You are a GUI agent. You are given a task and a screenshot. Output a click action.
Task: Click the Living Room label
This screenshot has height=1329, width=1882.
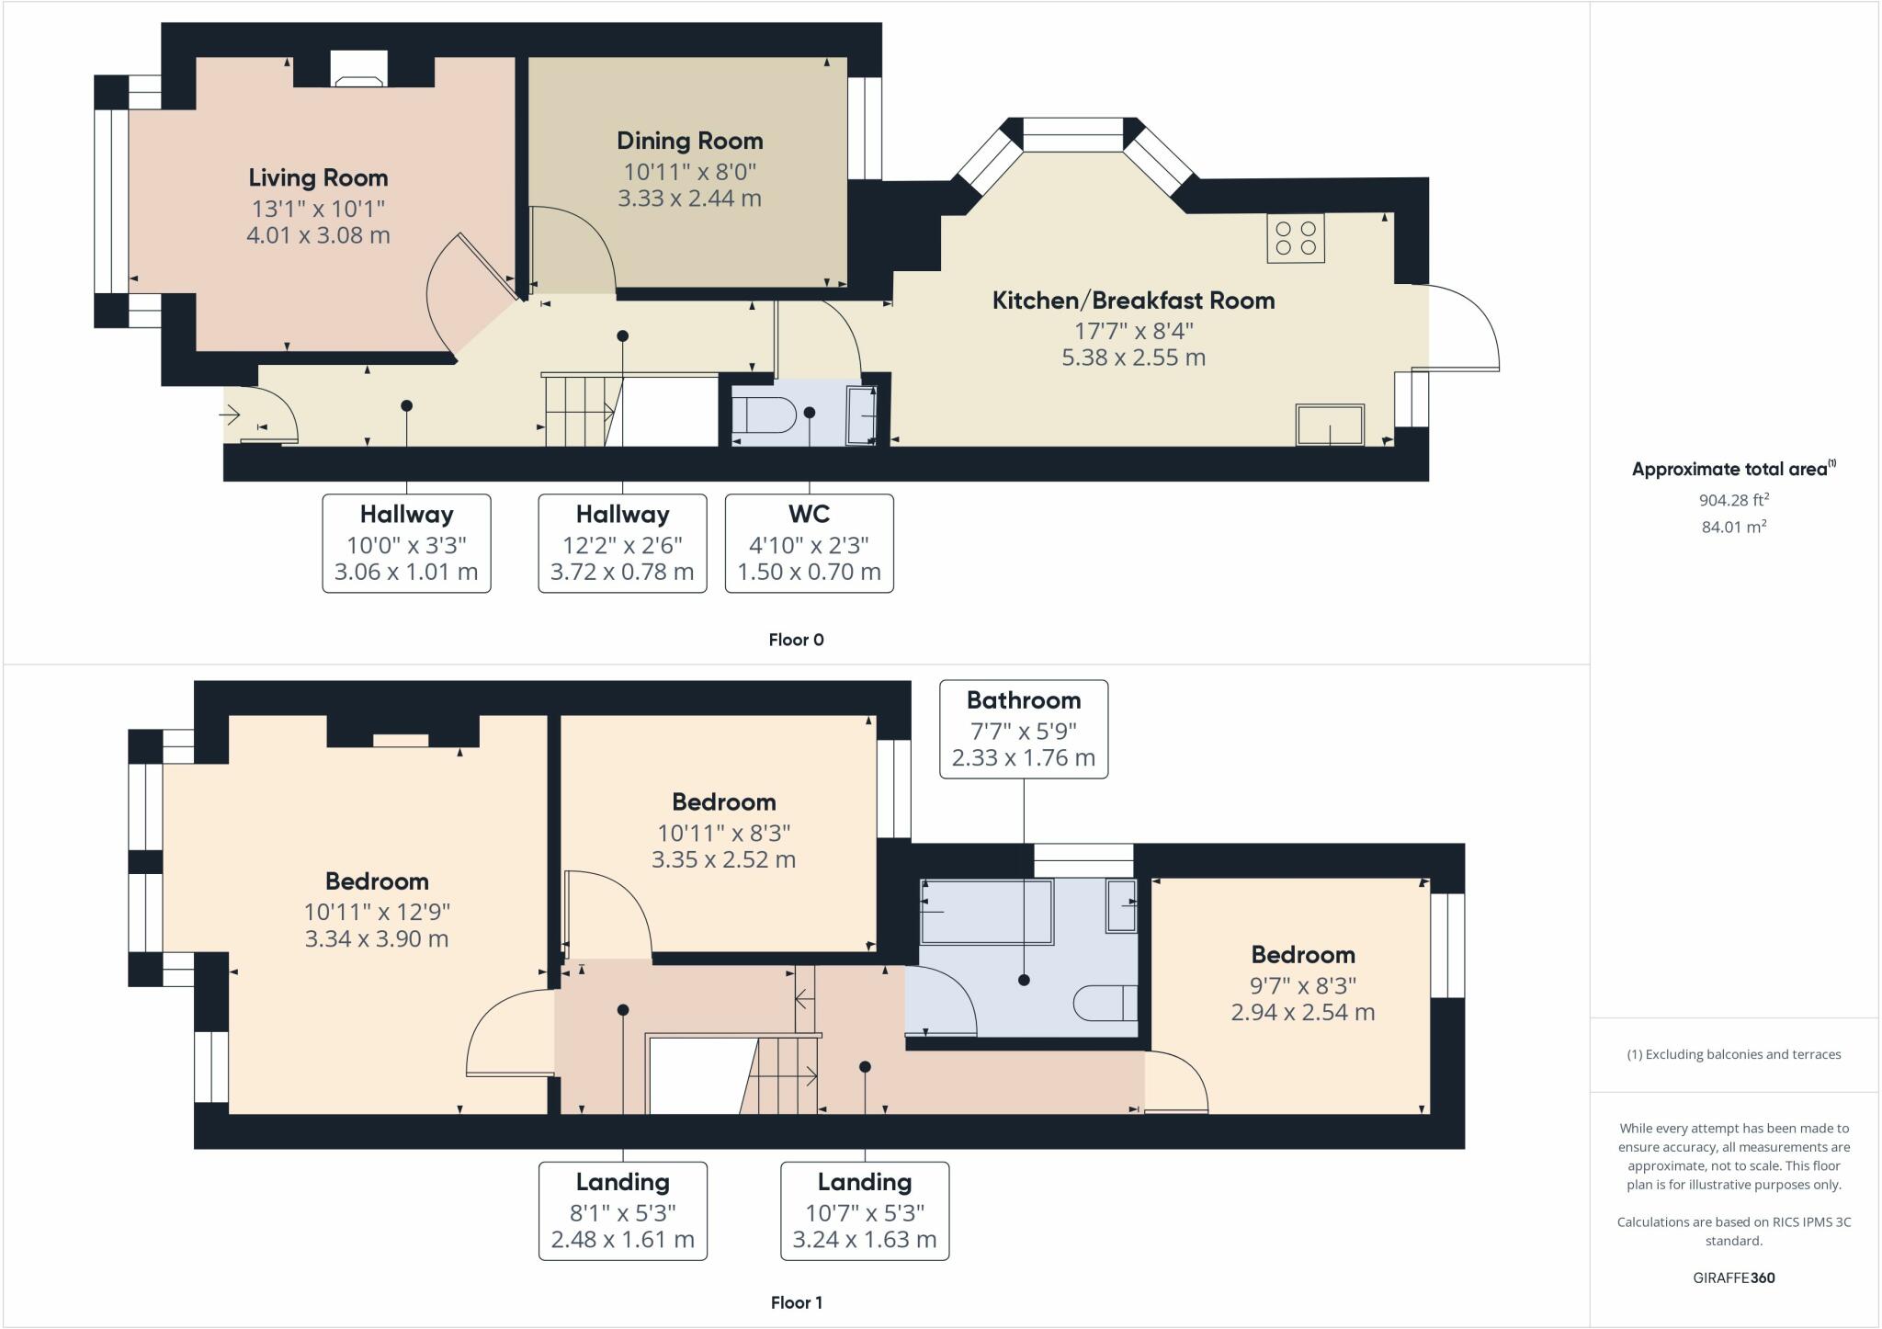tap(318, 177)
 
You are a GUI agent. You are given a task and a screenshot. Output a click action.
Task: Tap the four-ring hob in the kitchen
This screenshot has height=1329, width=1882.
tap(1296, 238)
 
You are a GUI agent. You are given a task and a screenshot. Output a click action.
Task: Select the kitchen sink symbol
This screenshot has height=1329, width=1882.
tap(1330, 425)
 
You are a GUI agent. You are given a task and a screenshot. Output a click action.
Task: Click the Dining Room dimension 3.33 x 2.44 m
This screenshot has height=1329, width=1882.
tap(689, 199)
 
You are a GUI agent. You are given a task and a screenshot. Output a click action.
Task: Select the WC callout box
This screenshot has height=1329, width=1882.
tap(809, 542)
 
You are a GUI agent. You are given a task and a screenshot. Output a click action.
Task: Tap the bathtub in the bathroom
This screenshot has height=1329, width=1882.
tap(986, 911)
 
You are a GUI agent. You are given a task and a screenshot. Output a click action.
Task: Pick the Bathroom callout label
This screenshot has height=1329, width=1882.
tap(1023, 700)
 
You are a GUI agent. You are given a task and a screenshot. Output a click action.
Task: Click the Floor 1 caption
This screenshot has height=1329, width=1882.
tap(796, 1302)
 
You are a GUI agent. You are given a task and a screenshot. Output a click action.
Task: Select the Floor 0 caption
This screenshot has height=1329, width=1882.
tap(796, 640)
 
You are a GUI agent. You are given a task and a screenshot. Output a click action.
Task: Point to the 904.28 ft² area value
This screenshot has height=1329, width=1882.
tap(1733, 500)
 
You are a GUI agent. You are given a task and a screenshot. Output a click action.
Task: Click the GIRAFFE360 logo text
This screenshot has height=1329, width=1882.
tap(1733, 1278)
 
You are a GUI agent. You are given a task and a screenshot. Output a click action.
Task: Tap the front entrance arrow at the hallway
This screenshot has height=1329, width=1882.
tap(229, 415)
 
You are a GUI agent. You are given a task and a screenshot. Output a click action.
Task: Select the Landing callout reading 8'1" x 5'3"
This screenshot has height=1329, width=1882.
tap(622, 1210)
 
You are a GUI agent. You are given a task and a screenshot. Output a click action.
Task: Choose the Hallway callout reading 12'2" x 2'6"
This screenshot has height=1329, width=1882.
tap(622, 542)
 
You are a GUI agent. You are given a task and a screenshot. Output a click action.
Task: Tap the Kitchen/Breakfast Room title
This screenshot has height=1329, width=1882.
tap(1133, 301)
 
